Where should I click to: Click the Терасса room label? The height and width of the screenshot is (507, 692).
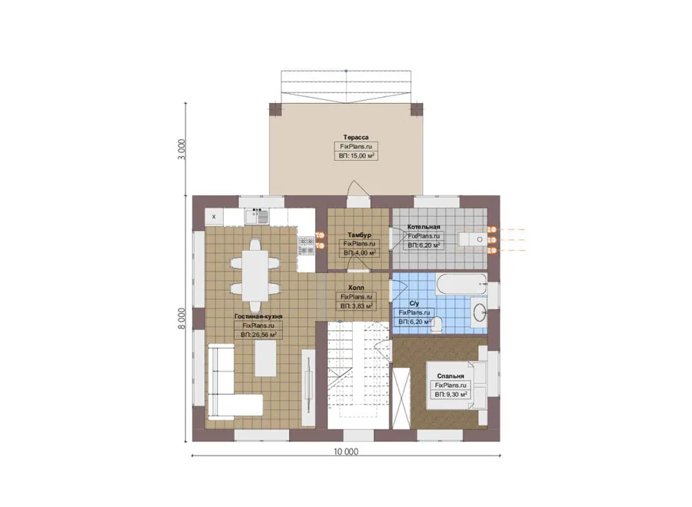click(356, 138)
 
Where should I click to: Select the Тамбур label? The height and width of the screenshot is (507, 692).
click(359, 235)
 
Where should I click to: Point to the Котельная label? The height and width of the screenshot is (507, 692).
click(424, 227)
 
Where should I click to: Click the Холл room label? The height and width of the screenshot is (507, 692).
click(356, 288)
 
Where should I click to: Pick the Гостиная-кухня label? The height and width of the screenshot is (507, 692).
click(258, 317)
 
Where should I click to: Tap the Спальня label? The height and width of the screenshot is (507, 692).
click(451, 376)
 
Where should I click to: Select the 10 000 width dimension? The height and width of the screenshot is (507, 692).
click(346, 452)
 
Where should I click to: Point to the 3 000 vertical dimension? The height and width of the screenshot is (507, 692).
click(181, 149)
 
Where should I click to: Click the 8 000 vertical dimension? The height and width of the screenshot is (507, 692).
click(181, 319)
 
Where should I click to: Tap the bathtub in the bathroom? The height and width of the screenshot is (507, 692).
click(461, 284)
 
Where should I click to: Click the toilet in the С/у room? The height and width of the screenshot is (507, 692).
click(436, 324)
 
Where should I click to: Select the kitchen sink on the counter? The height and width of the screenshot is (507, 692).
click(257, 216)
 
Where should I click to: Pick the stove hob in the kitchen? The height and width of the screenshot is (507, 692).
click(306, 246)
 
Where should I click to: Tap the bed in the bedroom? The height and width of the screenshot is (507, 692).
click(457, 385)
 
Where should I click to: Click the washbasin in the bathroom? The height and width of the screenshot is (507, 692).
click(479, 312)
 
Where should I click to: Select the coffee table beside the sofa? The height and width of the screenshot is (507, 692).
click(265, 359)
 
